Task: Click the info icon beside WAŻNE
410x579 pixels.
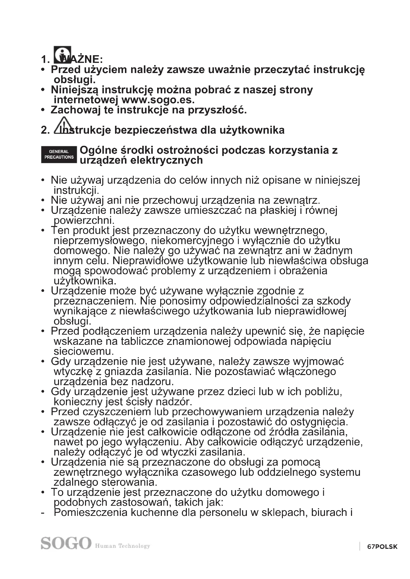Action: coord(62,55)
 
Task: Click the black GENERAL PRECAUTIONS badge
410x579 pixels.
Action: coord(59,154)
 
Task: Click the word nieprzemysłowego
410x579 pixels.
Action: coord(100,241)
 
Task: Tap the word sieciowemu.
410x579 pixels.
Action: coord(84,351)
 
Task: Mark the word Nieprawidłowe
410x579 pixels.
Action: coord(147,261)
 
